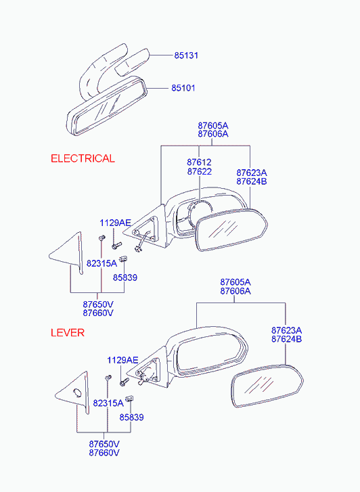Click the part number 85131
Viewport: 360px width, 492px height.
tap(186, 55)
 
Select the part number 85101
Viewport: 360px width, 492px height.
tap(183, 88)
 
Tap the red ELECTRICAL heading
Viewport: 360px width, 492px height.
tap(83, 158)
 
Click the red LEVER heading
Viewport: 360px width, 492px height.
tap(68, 332)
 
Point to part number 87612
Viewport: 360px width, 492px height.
tap(200, 162)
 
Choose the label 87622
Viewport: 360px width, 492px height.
tap(200, 171)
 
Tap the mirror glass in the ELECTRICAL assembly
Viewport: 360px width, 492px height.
tap(231, 229)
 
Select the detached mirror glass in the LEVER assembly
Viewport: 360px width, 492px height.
tap(267, 386)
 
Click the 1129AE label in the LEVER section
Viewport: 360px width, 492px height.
tap(122, 360)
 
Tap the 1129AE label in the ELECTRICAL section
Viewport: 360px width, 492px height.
tap(115, 223)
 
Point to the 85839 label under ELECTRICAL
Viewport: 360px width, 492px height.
tap(125, 277)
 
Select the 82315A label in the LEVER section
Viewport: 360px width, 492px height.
tap(108, 403)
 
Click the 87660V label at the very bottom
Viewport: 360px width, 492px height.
tap(104, 453)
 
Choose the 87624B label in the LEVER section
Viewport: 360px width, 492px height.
tap(286, 339)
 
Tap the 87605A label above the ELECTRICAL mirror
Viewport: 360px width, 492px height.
tap(213, 125)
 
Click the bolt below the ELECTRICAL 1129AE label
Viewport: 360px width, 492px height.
tap(116, 246)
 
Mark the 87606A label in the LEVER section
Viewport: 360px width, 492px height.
tap(235, 291)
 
